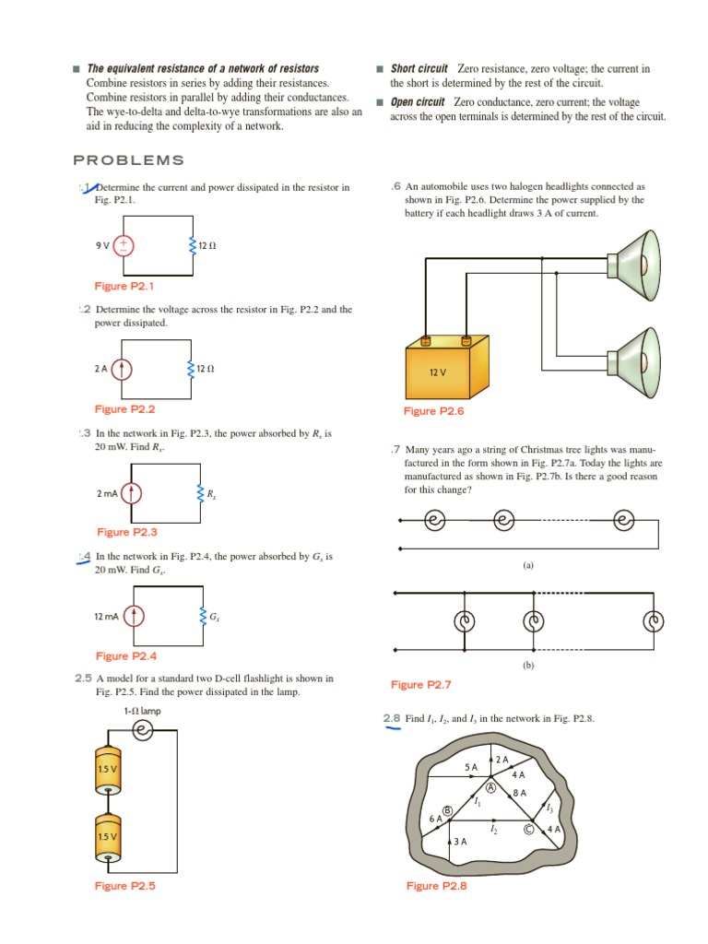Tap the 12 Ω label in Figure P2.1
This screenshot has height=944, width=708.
click(x=206, y=246)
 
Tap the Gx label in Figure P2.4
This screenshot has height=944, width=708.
click(x=213, y=616)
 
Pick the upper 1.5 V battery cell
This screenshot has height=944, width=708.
click(x=108, y=768)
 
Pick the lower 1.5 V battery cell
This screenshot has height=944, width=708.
click(x=108, y=836)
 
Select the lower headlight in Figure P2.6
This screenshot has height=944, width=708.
click(x=636, y=355)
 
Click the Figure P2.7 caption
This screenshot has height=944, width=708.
click(x=420, y=685)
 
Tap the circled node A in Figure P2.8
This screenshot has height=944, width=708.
click(x=491, y=788)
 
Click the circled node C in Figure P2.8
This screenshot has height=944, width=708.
click(x=528, y=829)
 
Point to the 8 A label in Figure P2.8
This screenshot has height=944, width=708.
click(x=519, y=793)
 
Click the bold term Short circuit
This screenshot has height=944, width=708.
click(x=419, y=69)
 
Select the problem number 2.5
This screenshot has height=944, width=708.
click(x=84, y=678)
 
